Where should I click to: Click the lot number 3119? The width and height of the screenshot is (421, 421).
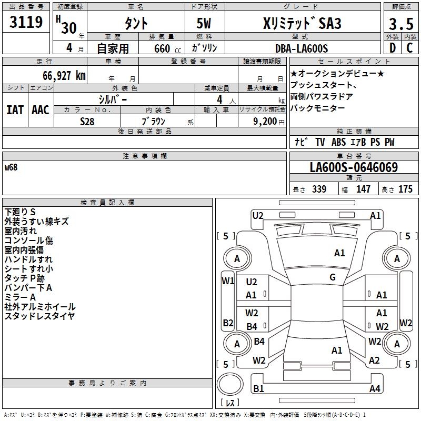[26, 22]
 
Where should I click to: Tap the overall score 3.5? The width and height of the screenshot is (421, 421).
[401, 24]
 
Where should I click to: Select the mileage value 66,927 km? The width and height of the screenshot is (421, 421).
[64, 76]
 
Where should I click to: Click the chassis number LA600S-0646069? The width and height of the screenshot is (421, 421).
[354, 167]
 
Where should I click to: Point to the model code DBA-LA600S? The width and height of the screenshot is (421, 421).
[302, 48]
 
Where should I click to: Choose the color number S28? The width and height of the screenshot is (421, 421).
[87, 122]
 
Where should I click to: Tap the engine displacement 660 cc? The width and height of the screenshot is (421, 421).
[167, 48]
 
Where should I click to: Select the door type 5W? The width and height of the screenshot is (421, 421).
[204, 23]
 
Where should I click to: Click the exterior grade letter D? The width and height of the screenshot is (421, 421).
[393, 48]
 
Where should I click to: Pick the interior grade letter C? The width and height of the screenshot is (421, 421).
[409, 48]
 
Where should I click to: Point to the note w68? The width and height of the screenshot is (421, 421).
[11, 167]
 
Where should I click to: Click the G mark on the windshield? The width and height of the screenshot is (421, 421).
[333, 277]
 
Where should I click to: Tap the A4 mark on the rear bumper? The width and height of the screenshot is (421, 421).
[375, 388]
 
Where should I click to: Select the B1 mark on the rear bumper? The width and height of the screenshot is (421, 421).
[258, 388]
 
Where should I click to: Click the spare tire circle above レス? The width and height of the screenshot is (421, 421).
[230, 384]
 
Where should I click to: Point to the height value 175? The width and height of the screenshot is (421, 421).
[405, 189]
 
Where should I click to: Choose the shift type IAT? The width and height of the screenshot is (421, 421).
[15, 110]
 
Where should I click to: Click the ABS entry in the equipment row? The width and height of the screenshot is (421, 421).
[338, 142]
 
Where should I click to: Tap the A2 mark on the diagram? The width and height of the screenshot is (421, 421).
[374, 360]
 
